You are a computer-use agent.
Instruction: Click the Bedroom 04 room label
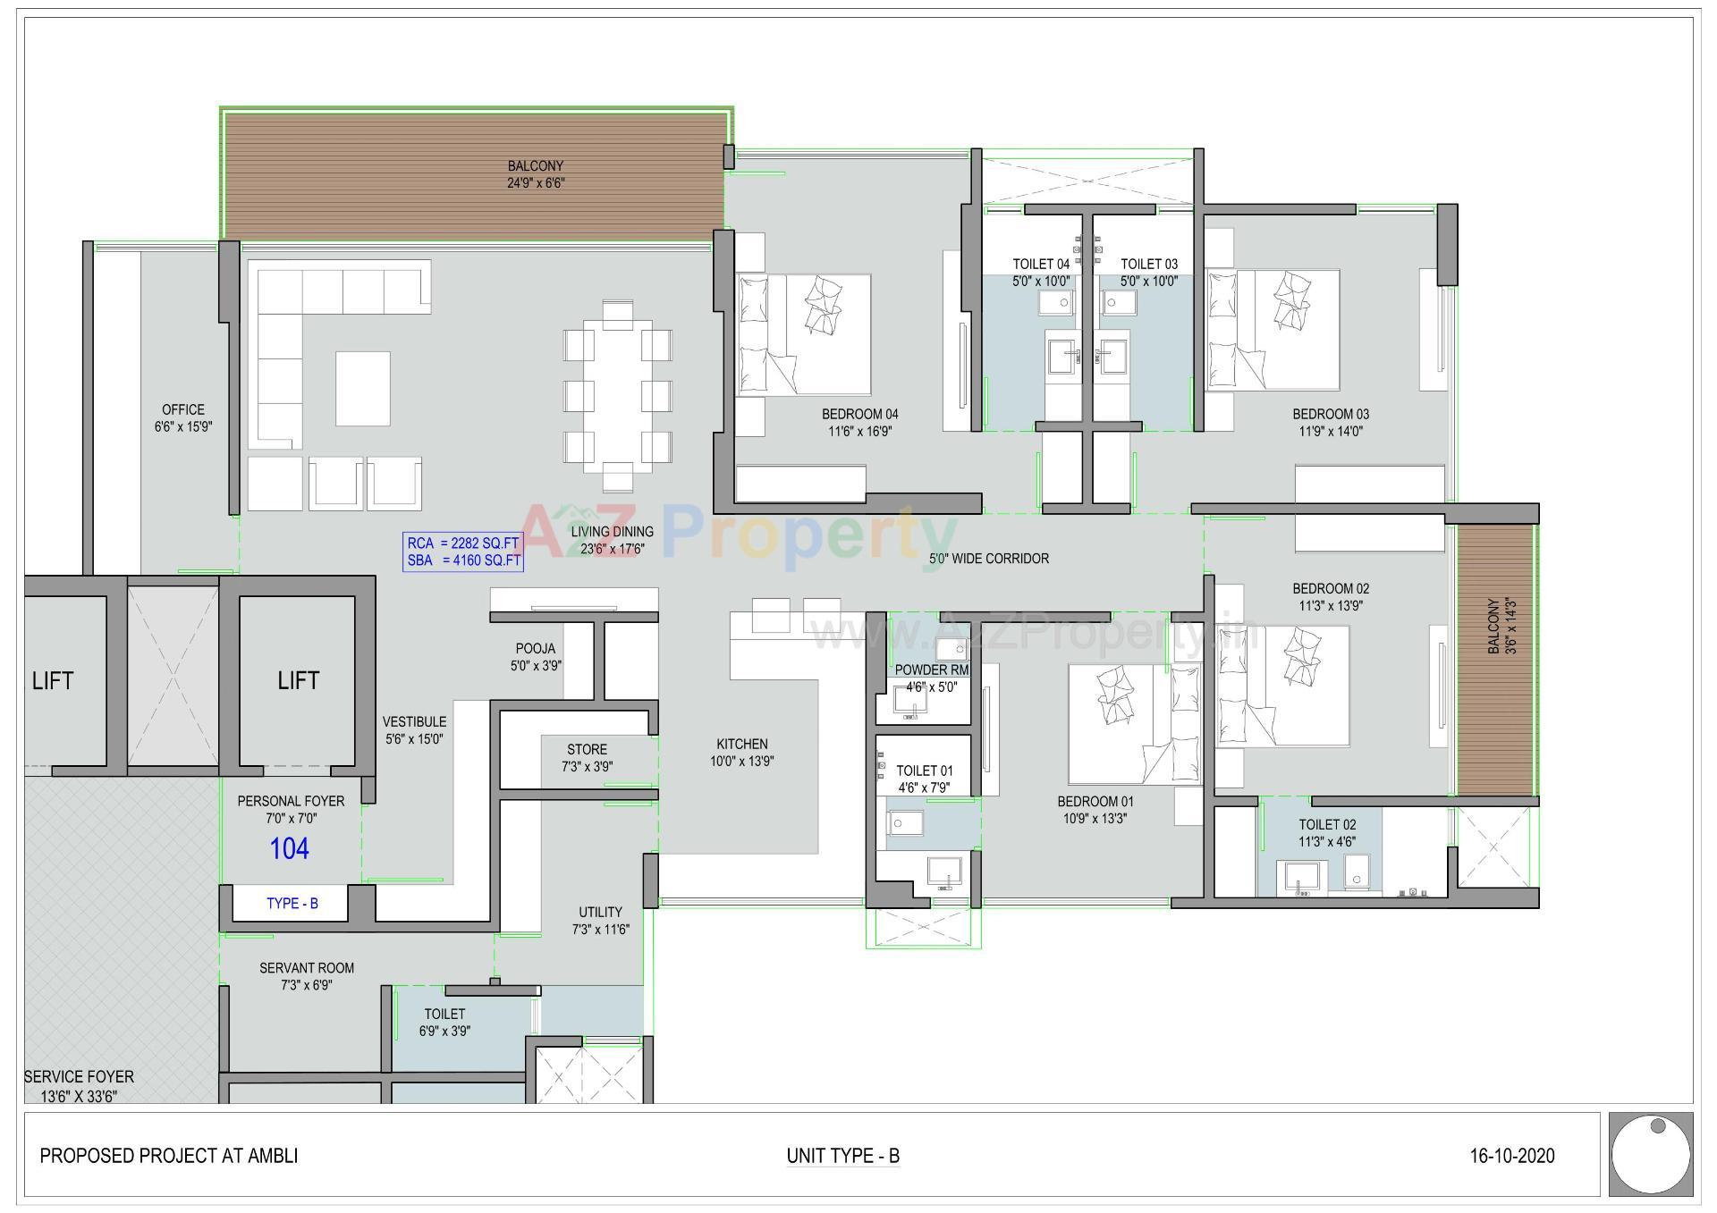click(x=859, y=415)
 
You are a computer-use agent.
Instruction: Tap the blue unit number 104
click(x=290, y=848)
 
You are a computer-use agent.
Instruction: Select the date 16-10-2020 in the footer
click(x=1511, y=1156)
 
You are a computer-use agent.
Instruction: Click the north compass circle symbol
click(x=1650, y=1155)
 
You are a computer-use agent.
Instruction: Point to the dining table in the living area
click(x=617, y=397)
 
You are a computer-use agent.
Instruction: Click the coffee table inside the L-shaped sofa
click(x=362, y=388)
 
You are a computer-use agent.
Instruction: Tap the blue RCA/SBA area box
click(x=462, y=552)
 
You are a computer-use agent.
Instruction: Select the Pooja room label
click(x=535, y=649)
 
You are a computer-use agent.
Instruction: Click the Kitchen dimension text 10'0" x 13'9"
click(x=741, y=762)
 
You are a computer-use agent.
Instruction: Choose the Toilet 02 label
click(x=1327, y=825)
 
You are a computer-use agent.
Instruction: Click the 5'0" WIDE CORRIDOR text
click(x=988, y=559)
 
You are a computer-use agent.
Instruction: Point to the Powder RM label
click(x=931, y=670)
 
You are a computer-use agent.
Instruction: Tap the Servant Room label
click(x=307, y=968)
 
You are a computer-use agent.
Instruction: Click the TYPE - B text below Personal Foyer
click(x=292, y=904)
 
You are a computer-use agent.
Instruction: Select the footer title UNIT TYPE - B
click(x=842, y=1156)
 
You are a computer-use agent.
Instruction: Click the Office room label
click(x=183, y=410)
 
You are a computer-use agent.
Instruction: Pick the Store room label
click(x=587, y=750)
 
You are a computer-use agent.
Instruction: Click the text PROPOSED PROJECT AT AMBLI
click(x=169, y=1156)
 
